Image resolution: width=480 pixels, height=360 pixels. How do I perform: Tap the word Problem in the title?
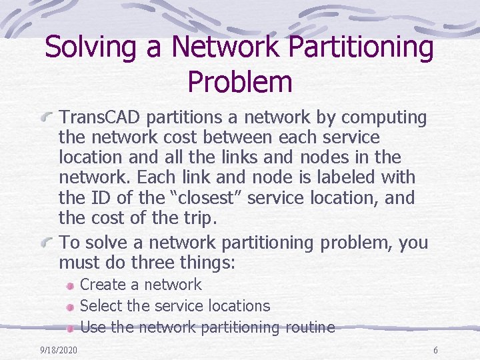[240, 82]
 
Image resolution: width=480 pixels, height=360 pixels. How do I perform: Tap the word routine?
[309, 327]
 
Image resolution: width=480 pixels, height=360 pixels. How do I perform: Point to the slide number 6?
[435, 350]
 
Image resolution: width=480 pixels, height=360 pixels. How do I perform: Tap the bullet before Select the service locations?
[70, 307]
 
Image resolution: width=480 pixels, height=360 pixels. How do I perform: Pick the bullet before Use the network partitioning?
[70, 327]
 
